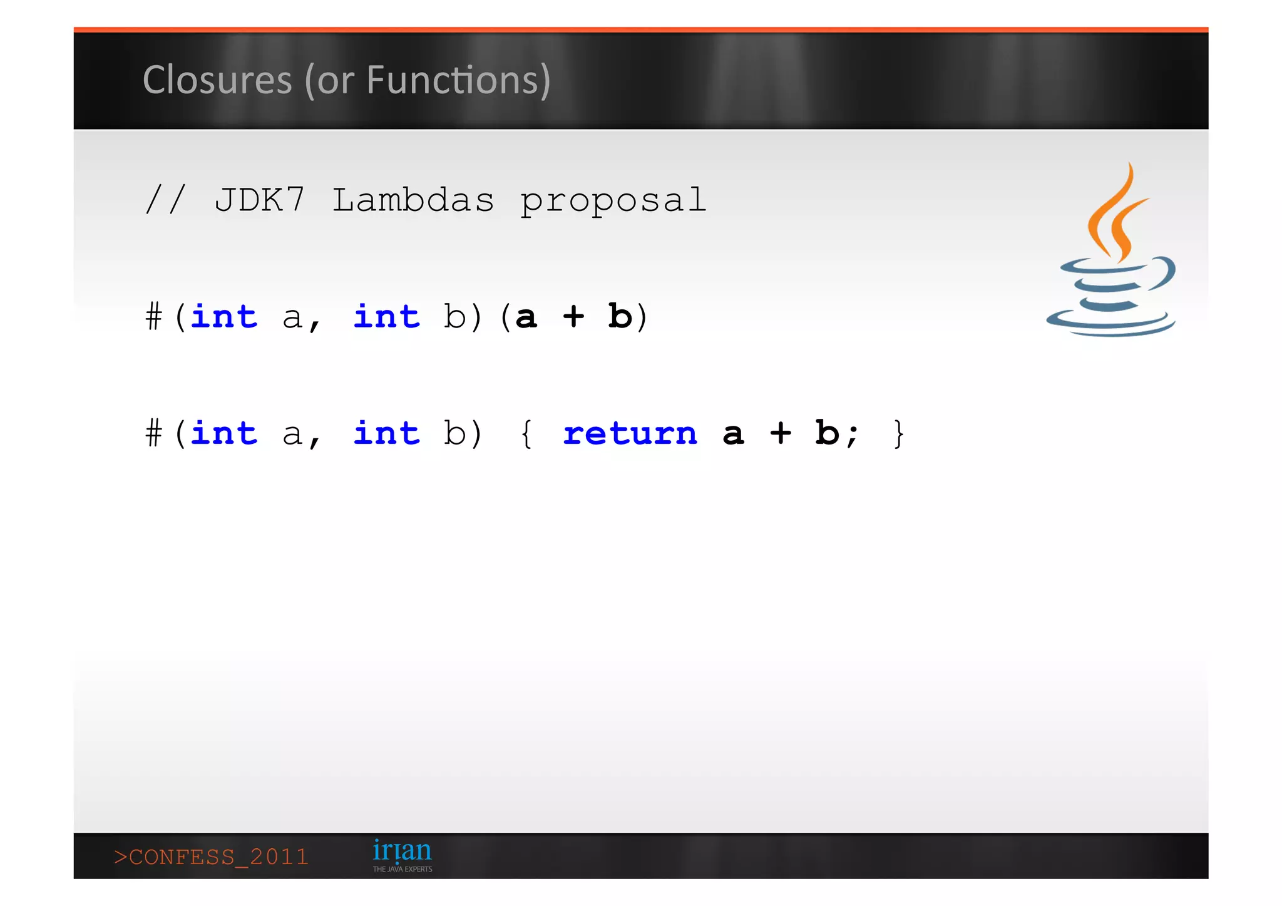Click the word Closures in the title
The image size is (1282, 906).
(217, 80)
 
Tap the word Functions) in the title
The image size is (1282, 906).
(458, 80)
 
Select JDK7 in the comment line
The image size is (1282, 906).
(259, 200)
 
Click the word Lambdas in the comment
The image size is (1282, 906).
(413, 200)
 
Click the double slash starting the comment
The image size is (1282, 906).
(165, 200)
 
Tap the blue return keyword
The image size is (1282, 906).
(630, 433)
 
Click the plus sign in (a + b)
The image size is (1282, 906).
(573, 316)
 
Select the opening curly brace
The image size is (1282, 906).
(526, 433)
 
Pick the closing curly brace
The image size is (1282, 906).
(899, 433)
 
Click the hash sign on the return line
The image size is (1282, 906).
(154, 433)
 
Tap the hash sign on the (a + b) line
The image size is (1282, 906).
(154, 316)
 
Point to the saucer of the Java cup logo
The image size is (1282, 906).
(1111, 322)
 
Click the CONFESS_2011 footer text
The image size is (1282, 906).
(212, 857)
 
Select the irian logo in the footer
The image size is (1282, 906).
(402, 851)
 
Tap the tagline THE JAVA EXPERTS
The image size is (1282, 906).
(403, 869)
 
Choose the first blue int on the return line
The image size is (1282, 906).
(224, 433)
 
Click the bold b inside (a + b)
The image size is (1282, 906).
(620, 316)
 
